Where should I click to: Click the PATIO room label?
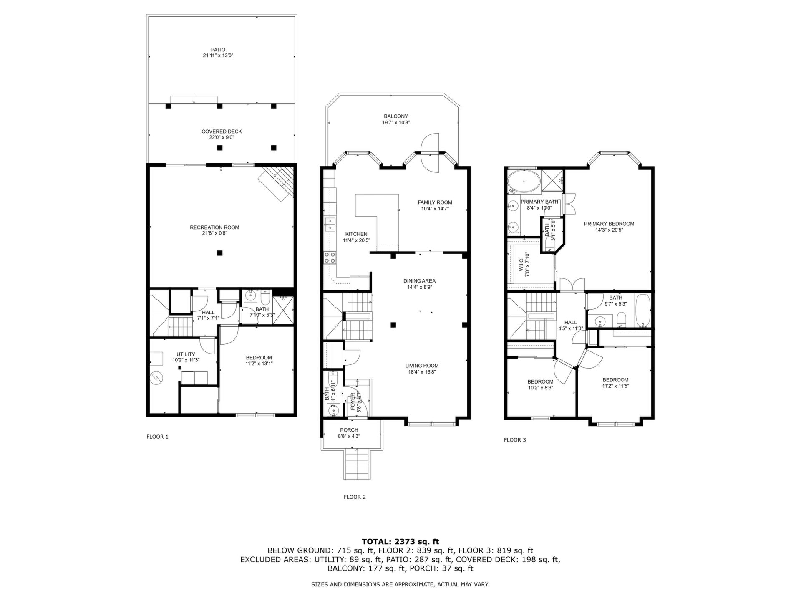pos(218,50)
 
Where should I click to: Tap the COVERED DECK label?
pos(222,131)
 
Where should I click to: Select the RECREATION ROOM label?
pos(214,227)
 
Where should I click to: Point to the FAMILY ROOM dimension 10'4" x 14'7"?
pos(435,209)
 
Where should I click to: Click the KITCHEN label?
pos(356,234)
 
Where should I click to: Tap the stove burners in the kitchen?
pos(330,258)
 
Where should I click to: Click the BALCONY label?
pos(396,116)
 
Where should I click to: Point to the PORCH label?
pos(349,430)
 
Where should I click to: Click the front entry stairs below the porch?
pos(357,465)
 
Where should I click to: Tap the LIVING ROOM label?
pos(422,366)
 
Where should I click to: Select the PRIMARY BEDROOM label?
pos(609,224)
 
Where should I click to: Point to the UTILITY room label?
pos(186,354)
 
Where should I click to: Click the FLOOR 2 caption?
pos(355,497)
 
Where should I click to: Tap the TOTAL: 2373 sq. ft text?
pos(400,542)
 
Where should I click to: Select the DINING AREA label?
pos(419,281)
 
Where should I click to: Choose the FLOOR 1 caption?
pos(157,437)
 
